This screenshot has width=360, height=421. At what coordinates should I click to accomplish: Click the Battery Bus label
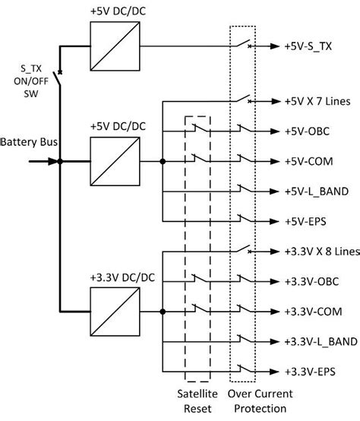(x=27, y=142)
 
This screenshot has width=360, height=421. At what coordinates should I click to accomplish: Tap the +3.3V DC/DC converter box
(x=115, y=312)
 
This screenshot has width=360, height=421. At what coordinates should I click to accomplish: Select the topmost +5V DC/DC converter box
(x=115, y=47)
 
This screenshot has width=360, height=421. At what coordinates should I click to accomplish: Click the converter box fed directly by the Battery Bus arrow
(x=115, y=161)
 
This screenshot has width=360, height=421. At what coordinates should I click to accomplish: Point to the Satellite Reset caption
(x=197, y=402)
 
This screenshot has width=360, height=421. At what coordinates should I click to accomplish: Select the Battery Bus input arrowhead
(x=52, y=161)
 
